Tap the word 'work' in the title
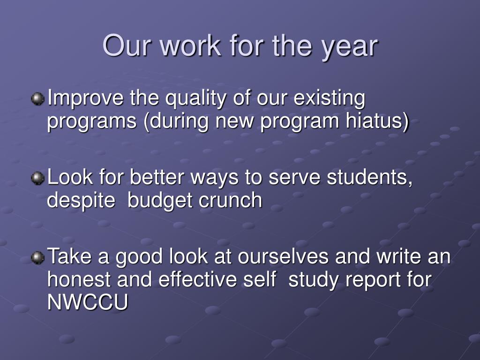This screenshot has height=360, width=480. [190, 45]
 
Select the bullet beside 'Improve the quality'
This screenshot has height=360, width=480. [37, 99]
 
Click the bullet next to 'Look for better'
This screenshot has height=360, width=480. [37, 178]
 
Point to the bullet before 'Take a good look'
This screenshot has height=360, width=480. [37, 257]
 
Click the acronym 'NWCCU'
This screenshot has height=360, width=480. [88, 302]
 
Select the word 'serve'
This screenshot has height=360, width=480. [294, 178]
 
